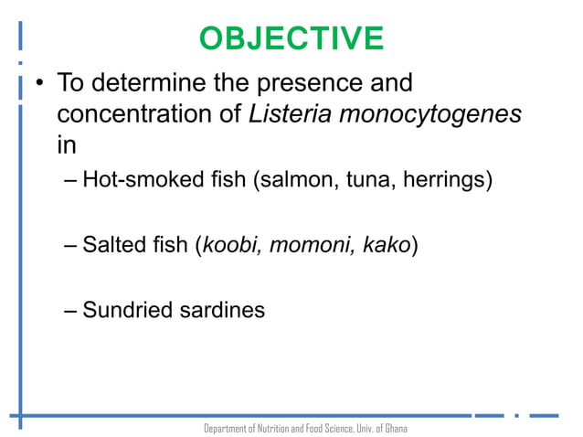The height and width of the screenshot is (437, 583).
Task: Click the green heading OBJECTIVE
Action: tap(291, 38)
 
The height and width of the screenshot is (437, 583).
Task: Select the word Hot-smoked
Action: tap(140, 178)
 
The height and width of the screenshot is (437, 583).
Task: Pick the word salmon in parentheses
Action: tap(294, 178)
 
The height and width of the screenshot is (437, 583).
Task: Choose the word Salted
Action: tap(111, 245)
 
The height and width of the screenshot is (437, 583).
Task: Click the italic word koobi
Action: tap(233, 245)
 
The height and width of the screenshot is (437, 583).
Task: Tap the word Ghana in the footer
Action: tap(395, 428)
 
